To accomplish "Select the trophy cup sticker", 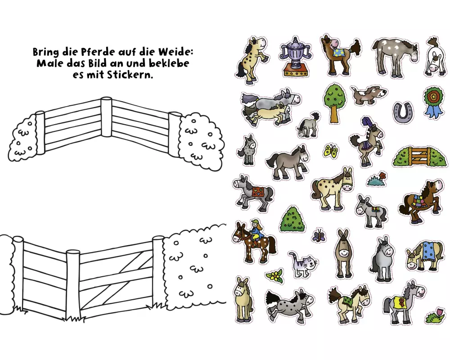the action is (x=295, y=57).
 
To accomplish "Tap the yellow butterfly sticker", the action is (x=331, y=151).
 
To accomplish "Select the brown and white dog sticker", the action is (x=368, y=95).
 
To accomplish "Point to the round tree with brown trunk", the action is (x=334, y=103).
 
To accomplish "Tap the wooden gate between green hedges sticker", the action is (x=420, y=156).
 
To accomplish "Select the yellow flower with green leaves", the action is (x=275, y=275).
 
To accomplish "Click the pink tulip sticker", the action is (x=436, y=315).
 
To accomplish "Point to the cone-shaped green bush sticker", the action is (x=292, y=219).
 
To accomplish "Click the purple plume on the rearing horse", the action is (x=366, y=122).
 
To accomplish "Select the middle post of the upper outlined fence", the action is (x=106, y=117).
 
